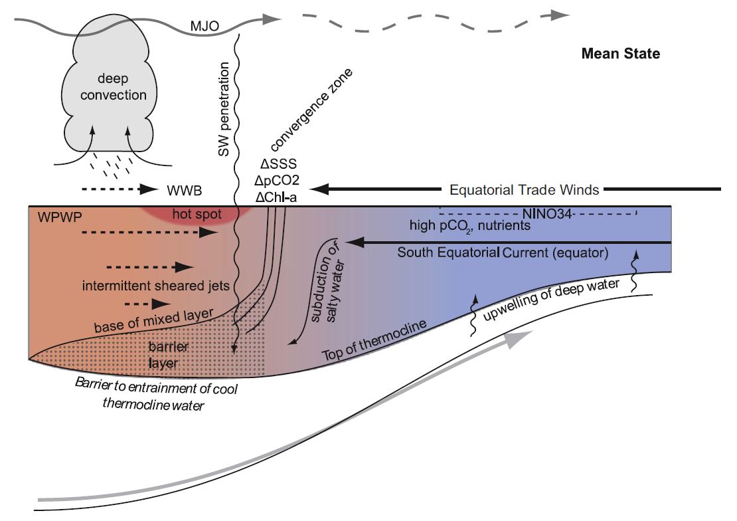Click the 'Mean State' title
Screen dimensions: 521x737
(x=620, y=54)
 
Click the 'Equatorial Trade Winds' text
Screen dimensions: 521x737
(x=524, y=190)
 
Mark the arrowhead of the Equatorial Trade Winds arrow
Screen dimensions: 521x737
(x=317, y=189)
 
